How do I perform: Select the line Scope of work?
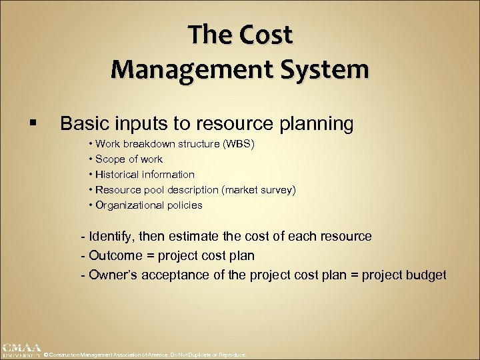pyautogui.click(x=129, y=159)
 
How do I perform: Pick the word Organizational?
pyautogui.click(x=130, y=205)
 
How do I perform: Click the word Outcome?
pyautogui.click(x=115, y=255)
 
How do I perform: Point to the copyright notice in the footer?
pyautogui.click(x=145, y=355)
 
